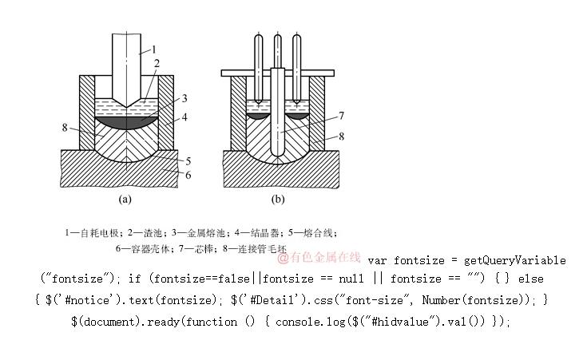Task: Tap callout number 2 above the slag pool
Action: pyautogui.click(x=157, y=63)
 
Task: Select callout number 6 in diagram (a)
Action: pyautogui.click(x=188, y=176)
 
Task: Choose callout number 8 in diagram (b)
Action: pyautogui.click(x=342, y=136)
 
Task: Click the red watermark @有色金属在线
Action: pyautogui.click(x=319, y=257)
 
